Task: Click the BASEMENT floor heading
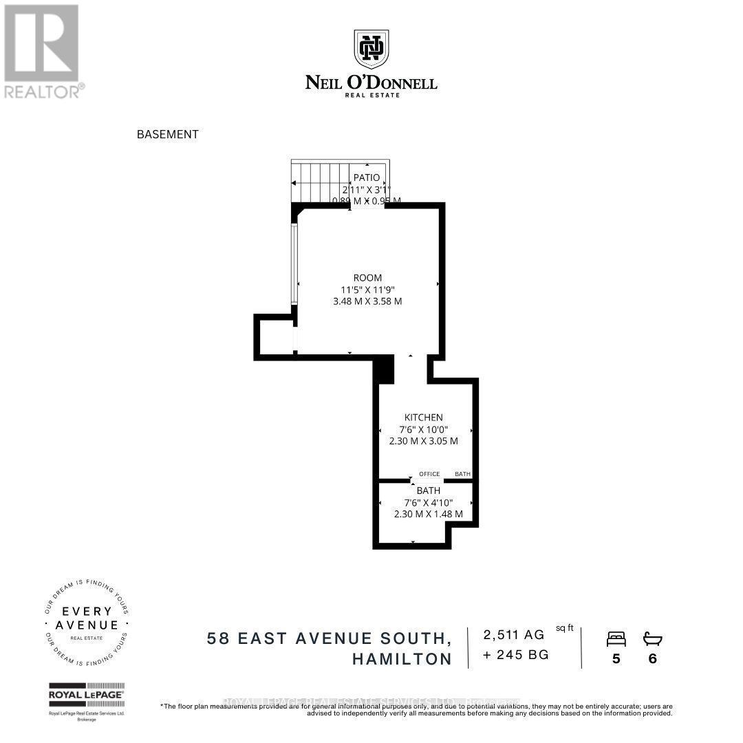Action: click(168, 134)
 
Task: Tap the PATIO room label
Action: click(367, 177)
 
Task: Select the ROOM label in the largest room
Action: click(367, 277)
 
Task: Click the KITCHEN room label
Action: click(423, 417)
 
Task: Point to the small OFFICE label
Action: click(429, 474)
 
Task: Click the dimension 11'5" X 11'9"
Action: click(367, 289)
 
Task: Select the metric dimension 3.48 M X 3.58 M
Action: click(367, 301)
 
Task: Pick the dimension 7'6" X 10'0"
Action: click(423, 429)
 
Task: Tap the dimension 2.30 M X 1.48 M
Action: click(428, 513)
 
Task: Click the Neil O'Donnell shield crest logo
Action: click(371, 48)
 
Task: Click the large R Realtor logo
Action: click(41, 43)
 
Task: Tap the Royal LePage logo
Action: click(86, 695)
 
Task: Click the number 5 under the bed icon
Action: click(616, 658)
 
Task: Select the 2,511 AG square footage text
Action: click(514, 634)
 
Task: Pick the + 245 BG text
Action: click(516, 655)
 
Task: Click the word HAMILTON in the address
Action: click(402, 658)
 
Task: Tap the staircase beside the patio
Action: click(321, 182)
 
